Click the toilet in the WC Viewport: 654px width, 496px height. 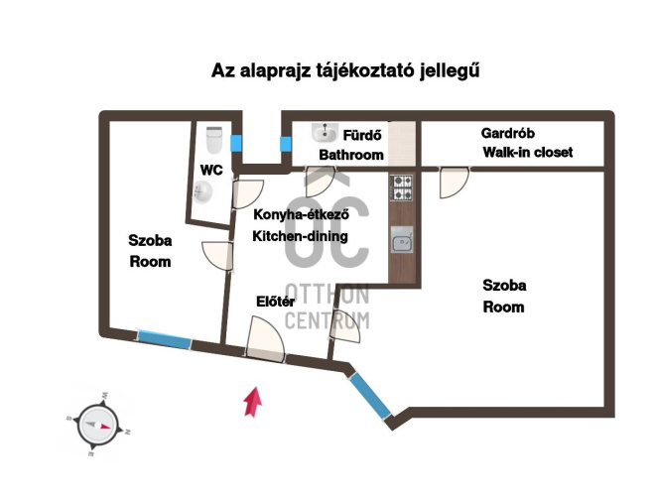pyautogui.click(x=214, y=140)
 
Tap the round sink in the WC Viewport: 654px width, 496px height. pyautogui.click(x=203, y=192)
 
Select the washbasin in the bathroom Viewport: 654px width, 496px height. pyautogui.click(x=325, y=133)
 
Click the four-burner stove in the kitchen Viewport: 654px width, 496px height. pyautogui.click(x=402, y=187)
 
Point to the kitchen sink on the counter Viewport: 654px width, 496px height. pyautogui.click(x=402, y=240)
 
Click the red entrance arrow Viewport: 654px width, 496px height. pyautogui.click(x=253, y=402)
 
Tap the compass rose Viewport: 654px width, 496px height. pyautogui.click(x=97, y=425)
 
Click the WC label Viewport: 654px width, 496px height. pyautogui.click(x=211, y=170)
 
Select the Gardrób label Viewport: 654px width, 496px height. pyautogui.click(x=507, y=133)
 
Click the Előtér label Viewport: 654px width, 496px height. pyautogui.click(x=275, y=302)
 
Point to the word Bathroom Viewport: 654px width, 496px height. pyautogui.click(x=351, y=155)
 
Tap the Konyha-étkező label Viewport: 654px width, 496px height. pyautogui.click(x=301, y=214)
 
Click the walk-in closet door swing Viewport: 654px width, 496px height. pyautogui.click(x=455, y=183)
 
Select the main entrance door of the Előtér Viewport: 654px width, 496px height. pyautogui.click(x=266, y=339)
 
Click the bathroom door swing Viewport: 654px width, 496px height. pyautogui.click(x=320, y=182)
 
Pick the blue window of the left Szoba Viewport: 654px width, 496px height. pyautogui.click(x=165, y=339)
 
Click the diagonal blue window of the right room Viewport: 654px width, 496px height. pyautogui.click(x=370, y=395)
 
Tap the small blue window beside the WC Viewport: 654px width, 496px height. pyautogui.click(x=236, y=143)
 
